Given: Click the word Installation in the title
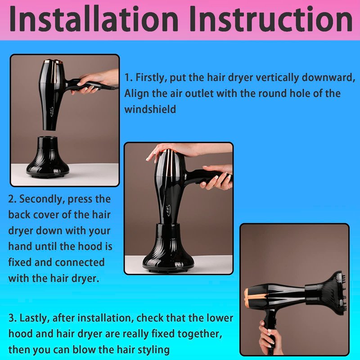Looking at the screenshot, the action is (x=94, y=19).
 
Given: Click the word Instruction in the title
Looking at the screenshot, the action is (x=271, y=19).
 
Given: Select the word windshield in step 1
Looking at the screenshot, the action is (x=150, y=109).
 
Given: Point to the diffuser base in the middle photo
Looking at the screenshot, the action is (x=168, y=248).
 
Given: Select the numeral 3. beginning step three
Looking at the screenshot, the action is (x=13, y=318).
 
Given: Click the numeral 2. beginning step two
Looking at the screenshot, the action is (x=12, y=199).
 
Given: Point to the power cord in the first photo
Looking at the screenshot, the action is (x=110, y=87).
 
